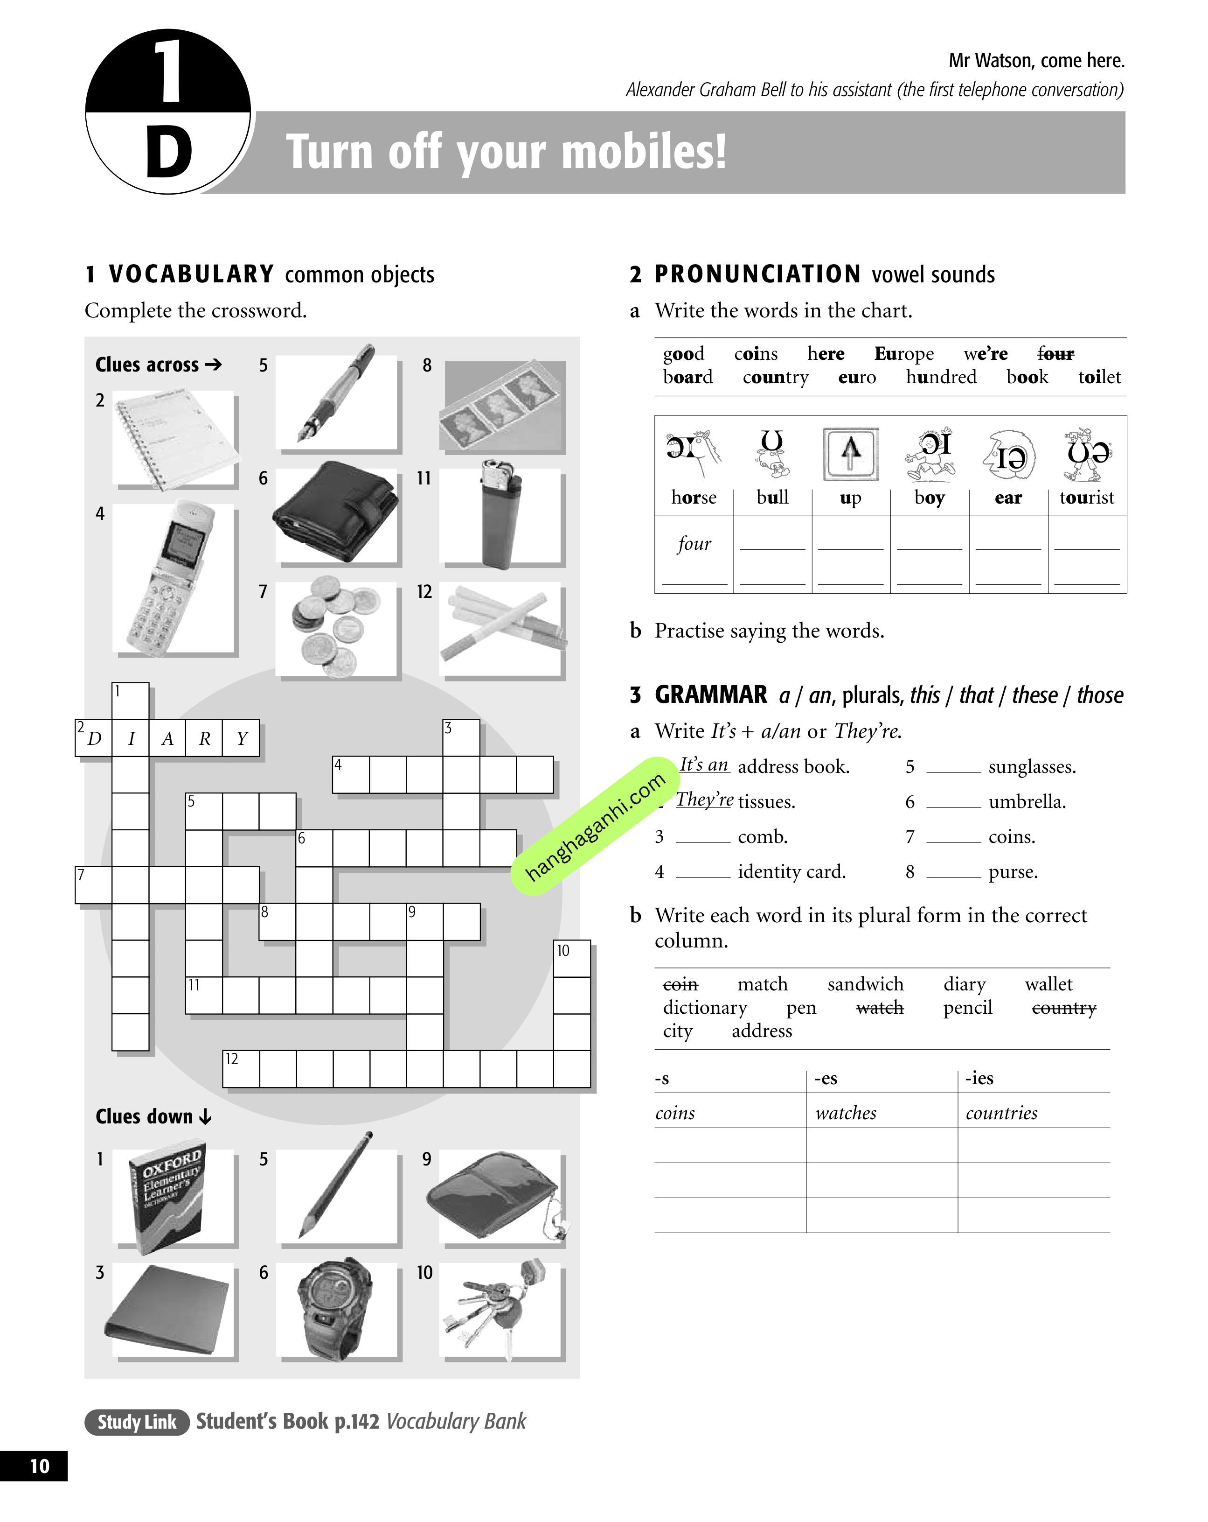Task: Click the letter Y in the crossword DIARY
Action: (x=241, y=738)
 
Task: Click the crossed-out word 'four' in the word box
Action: (x=1055, y=354)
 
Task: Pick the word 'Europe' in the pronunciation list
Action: (x=904, y=354)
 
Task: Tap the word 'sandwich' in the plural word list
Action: (x=865, y=984)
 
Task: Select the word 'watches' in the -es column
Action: (x=845, y=1113)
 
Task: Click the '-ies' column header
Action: (x=979, y=1078)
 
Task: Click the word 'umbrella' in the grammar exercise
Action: (x=1027, y=802)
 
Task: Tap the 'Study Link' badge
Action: (x=137, y=1422)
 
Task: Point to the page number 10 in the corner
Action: (x=40, y=1466)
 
